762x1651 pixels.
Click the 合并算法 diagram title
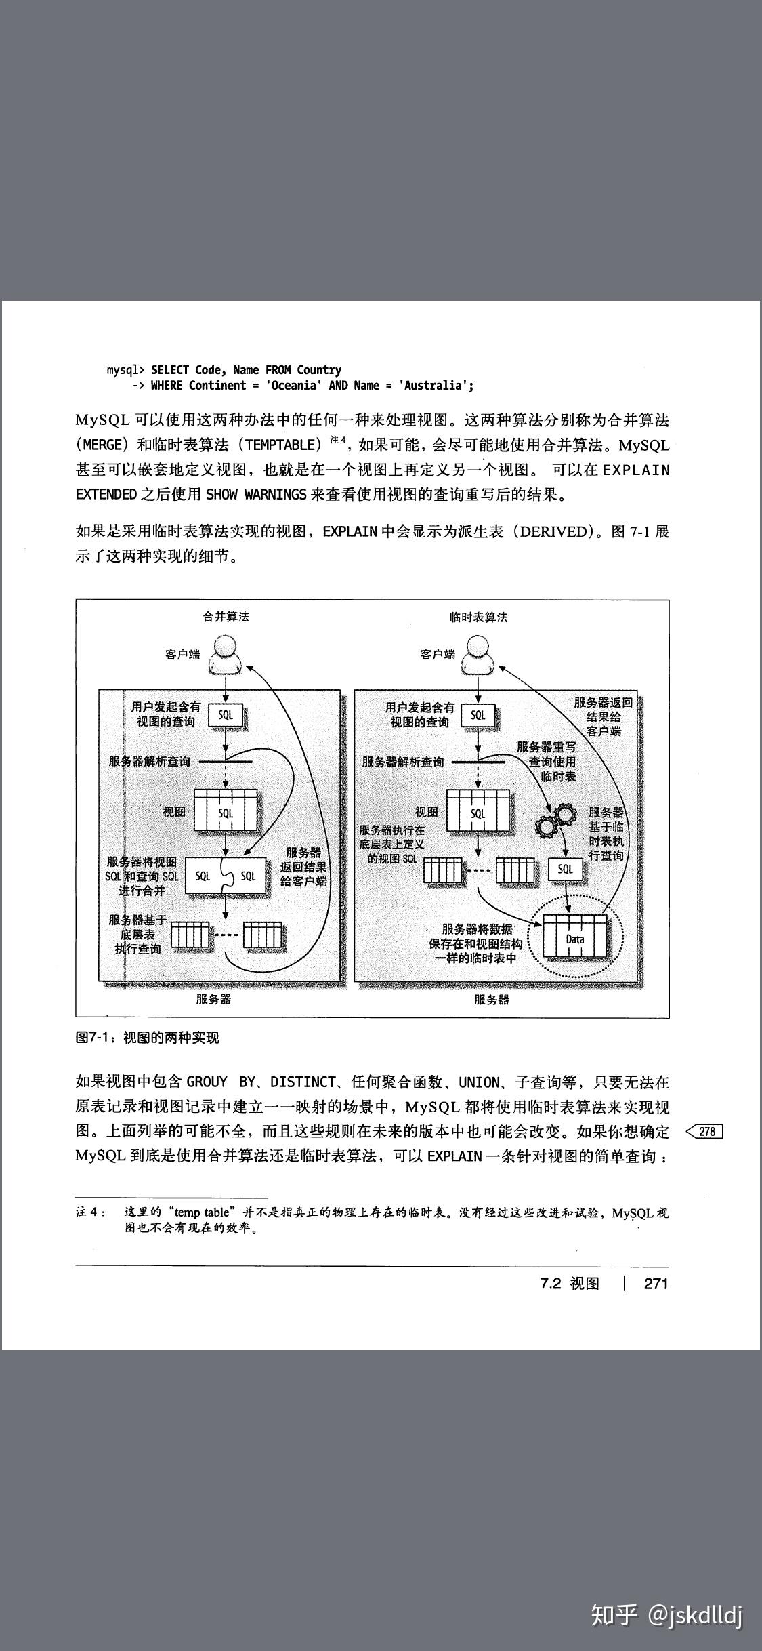pyautogui.click(x=226, y=617)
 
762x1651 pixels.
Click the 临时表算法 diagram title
pyautogui.click(x=479, y=617)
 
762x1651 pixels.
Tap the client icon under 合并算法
pyautogui.click(x=225, y=655)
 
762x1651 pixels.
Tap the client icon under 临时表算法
pyautogui.click(x=478, y=655)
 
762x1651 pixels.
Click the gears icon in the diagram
pyautogui.click(x=555, y=821)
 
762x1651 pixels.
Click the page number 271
pyautogui.click(x=656, y=1283)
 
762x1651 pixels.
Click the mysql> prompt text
pyautogui.click(x=125, y=370)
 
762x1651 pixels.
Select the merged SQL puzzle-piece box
pyautogui.click(x=226, y=876)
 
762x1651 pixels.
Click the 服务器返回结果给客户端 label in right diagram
pyautogui.click(x=604, y=716)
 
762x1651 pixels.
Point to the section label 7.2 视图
pyautogui.click(x=570, y=1283)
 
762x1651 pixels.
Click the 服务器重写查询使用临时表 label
pyautogui.click(x=546, y=761)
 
